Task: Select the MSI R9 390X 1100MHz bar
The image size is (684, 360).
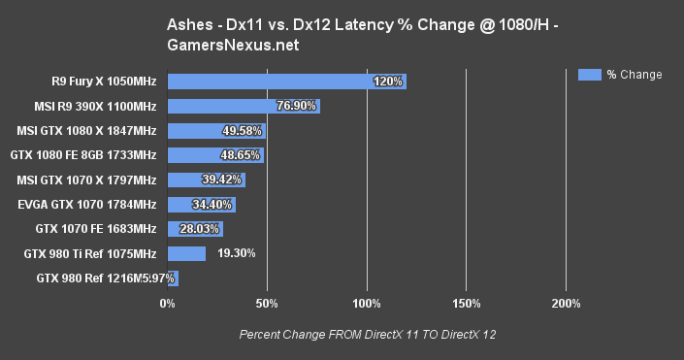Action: [243, 107]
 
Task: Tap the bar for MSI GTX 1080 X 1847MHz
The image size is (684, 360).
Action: [215, 131]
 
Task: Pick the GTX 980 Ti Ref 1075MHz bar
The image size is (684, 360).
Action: [186, 254]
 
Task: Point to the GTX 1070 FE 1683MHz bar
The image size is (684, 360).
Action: [194, 229]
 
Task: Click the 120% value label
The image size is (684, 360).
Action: [387, 82]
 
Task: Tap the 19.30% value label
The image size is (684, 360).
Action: [236, 253]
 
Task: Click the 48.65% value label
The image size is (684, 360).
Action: [242, 155]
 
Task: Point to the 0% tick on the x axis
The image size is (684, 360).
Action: [167, 305]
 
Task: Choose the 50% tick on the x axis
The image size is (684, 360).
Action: [267, 305]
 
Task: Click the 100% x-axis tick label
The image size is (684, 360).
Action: [367, 305]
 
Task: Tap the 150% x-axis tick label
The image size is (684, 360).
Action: [466, 305]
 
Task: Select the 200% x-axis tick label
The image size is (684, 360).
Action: [566, 305]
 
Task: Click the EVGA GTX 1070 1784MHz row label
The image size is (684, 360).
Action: [87, 205]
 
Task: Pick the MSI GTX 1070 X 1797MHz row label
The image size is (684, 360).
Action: [86, 180]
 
